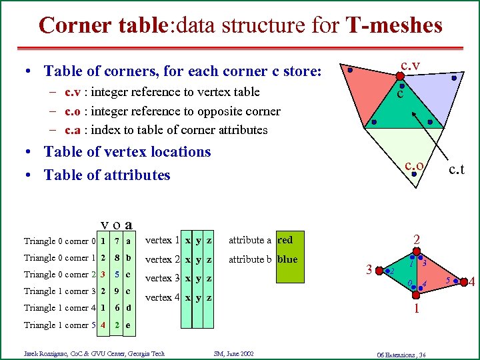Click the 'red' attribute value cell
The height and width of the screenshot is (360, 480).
[x=285, y=240]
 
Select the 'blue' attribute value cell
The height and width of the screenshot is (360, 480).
[x=287, y=259]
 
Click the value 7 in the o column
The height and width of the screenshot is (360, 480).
[x=117, y=241]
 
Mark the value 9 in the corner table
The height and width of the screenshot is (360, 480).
[x=117, y=291]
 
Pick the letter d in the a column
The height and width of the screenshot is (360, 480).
[x=129, y=308]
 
